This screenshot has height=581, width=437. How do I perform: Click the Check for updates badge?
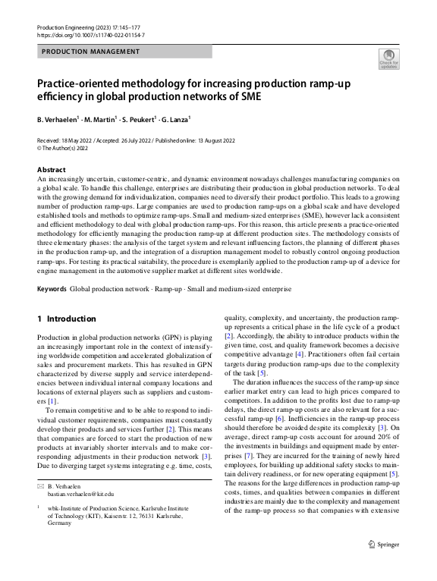(x=388, y=58)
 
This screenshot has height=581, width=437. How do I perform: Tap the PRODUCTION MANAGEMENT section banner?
(x=90, y=52)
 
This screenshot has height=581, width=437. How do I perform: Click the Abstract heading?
(x=51, y=170)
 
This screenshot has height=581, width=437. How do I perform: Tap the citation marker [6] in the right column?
(x=279, y=419)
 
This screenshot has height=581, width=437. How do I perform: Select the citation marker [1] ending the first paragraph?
(x=52, y=400)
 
